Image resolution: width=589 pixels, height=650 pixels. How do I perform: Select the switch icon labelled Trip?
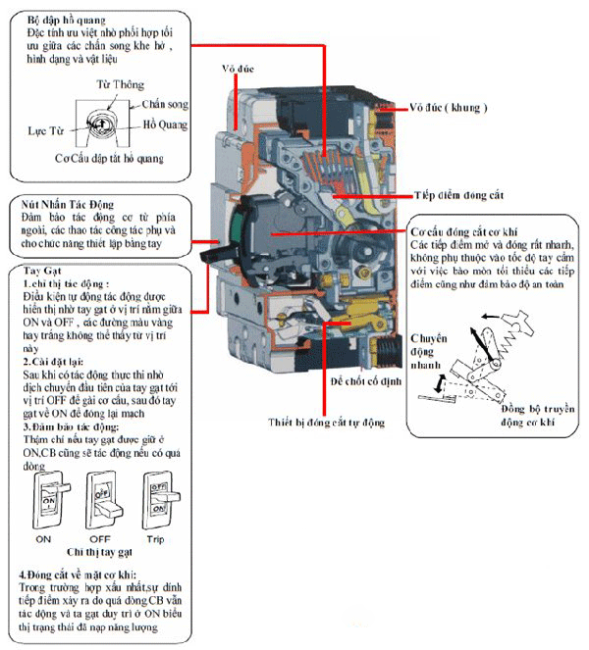coord(160,500)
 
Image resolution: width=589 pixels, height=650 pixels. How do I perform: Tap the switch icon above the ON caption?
coord(45,500)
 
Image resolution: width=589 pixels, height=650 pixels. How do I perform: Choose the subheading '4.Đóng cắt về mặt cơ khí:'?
coord(78,574)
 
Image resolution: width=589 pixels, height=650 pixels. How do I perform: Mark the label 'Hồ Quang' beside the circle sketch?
coord(165,125)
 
